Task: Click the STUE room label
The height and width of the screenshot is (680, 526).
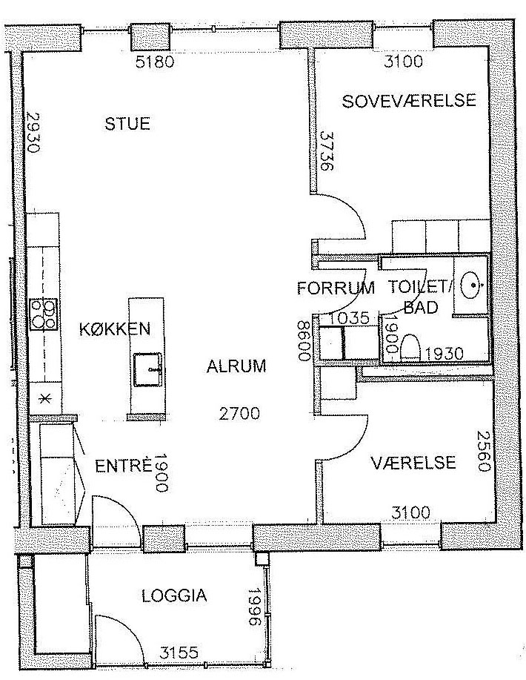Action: (x=127, y=124)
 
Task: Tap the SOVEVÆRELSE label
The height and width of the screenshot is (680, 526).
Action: (x=409, y=101)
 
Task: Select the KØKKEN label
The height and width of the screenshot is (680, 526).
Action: (x=115, y=329)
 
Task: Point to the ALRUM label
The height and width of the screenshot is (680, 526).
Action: (x=236, y=366)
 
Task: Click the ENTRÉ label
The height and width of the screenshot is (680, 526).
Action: (x=124, y=466)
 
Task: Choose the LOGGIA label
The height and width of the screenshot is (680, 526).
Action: (x=174, y=596)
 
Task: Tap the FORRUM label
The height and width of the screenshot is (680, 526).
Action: (x=336, y=288)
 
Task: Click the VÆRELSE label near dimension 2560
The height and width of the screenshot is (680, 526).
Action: (x=413, y=462)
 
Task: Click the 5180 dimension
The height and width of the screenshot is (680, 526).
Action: (x=155, y=62)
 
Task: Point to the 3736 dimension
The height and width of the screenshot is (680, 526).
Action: (x=327, y=151)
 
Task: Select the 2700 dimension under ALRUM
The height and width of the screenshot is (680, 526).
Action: (x=239, y=413)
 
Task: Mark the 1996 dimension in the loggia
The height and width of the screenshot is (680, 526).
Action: (x=254, y=607)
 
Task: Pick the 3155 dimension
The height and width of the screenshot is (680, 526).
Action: (x=179, y=653)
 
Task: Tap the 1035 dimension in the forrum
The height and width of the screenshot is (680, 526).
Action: (x=349, y=318)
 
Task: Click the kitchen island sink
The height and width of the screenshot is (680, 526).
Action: (x=147, y=369)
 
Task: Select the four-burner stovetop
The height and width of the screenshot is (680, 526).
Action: (x=44, y=314)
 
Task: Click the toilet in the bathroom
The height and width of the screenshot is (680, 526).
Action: (x=410, y=347)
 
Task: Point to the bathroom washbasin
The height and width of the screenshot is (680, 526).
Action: (x=471, y=285)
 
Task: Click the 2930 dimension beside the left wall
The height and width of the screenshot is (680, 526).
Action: (x=33, y=132)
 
